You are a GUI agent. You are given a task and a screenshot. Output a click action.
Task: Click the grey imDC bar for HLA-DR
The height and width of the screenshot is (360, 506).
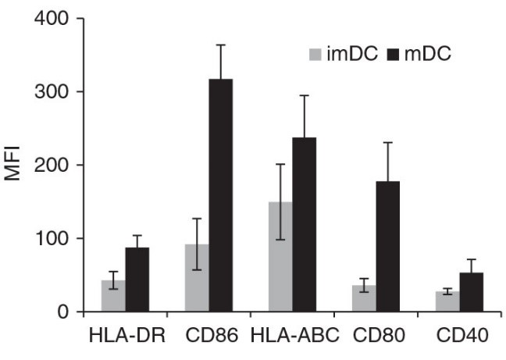113,297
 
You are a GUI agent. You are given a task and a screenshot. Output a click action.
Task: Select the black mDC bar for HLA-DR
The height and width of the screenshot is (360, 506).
137,280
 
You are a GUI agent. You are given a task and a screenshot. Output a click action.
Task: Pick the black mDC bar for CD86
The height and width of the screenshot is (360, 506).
221,195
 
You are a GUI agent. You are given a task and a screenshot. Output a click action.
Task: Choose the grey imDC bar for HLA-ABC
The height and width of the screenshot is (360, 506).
280,257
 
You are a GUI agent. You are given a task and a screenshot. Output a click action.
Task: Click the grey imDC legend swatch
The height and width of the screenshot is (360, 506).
315,55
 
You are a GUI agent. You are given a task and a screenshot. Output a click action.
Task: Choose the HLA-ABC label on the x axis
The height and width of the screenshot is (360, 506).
293,337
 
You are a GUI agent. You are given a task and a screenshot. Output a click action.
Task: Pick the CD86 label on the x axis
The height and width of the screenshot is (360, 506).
208,337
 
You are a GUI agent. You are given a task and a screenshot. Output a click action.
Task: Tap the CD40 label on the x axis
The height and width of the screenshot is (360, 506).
461,337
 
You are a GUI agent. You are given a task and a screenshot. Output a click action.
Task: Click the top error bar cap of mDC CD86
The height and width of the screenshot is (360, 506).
221,45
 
